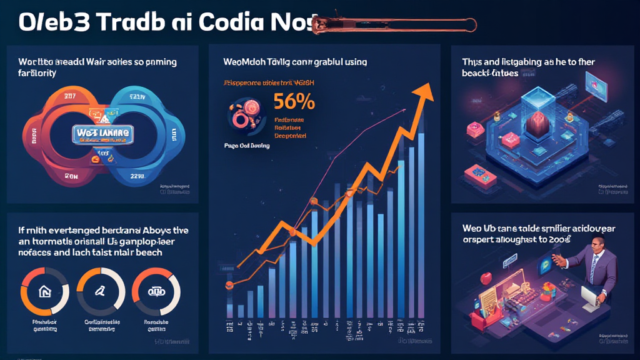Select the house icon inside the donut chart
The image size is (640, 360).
[x=44, y=291]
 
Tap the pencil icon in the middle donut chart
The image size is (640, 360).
[x=100, y=291]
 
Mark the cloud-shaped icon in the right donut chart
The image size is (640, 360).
[x=156, y=291]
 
